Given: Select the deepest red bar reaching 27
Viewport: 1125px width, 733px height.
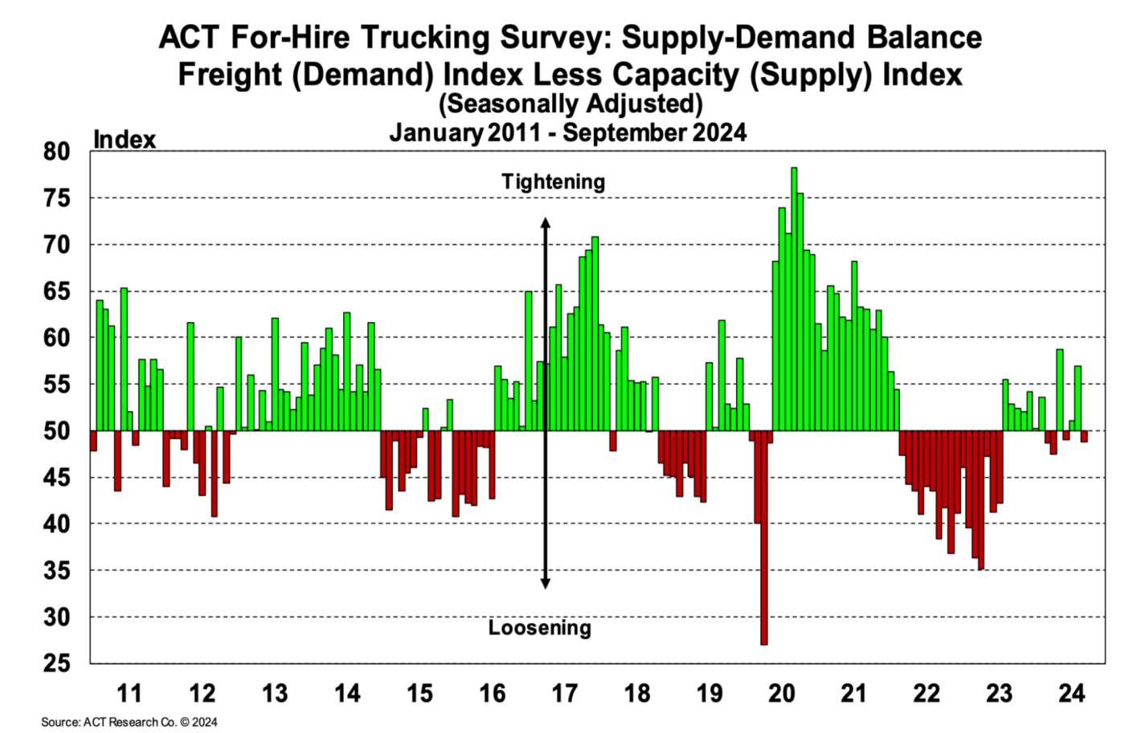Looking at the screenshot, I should click(x=763, y=538).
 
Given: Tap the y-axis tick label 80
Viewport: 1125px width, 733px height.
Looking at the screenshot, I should click(x=56, y=152).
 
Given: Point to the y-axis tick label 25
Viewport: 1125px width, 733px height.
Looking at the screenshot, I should click(x=56, y=664).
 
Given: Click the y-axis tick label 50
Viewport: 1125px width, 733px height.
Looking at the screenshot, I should click(x=56, y=431).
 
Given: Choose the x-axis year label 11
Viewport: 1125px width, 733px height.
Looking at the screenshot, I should click(x=129, y=693).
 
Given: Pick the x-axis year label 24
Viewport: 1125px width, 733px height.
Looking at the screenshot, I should click(x=1071, y=693).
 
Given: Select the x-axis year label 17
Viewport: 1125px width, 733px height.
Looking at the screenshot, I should click(x=564, y=693).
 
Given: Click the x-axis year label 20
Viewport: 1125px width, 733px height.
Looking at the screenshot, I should click(x=781, y=693).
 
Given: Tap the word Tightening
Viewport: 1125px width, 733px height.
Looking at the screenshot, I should click(x=553, y=181).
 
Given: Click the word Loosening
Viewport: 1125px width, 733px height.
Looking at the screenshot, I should click(x=539, y=628).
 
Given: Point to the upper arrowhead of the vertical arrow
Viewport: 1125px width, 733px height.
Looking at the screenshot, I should click(x=545, y=223).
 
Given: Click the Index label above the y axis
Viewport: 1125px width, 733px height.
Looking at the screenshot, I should click(x=125, y=139).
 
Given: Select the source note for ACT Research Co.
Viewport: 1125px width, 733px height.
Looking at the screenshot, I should click(x=129, y=722).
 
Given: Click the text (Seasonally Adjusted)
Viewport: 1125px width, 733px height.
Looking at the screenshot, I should click(x=571, y=104).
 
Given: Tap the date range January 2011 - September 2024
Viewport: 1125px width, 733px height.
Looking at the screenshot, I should click(x=567, y=132).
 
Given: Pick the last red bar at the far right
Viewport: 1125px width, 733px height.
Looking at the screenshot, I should click(x=1084, y=437).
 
